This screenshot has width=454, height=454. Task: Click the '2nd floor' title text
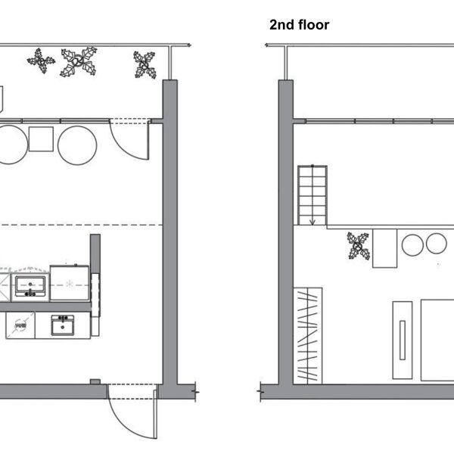(299, 25)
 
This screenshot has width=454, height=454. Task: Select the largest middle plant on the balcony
(79, 62)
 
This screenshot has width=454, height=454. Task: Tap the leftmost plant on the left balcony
(41, 61)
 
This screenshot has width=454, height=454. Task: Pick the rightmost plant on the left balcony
(144, 65)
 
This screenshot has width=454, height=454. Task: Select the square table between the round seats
(41, 139)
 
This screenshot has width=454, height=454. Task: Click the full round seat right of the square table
(76, 145)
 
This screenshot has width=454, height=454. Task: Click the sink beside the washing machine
(63, 325)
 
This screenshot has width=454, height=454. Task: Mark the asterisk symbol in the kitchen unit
(69, 284)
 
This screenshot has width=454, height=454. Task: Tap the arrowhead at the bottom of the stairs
(312, 222)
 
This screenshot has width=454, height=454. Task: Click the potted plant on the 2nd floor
(358, 246)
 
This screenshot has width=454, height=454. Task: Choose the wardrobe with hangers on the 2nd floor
(308, 334)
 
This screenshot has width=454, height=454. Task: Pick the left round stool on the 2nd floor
(412, 244)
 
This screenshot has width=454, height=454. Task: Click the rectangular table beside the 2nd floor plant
(384, 247)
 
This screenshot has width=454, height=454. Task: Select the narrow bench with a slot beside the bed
(402, 340)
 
